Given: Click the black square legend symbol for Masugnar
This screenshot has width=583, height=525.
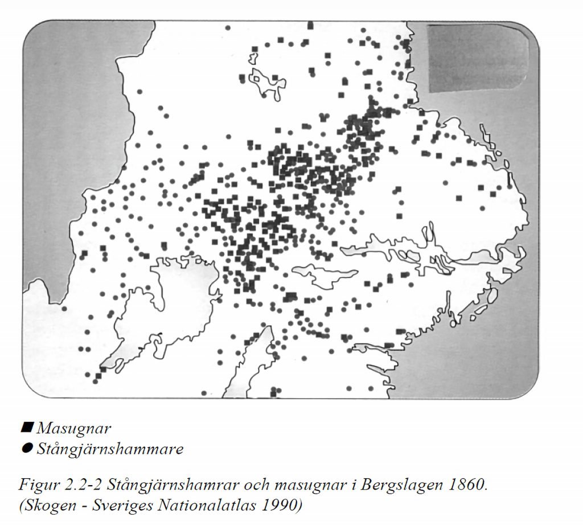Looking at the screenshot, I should pyautogui.click(x=26, y=426).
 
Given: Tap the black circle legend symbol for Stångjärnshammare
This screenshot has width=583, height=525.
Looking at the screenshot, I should pyautogui.click(x=26, y=448).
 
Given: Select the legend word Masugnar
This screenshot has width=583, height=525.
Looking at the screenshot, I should pyautogui.click(x=73, y=428).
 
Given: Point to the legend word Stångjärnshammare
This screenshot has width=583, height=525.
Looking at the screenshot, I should pyautogui.click(x=110, y=449).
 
